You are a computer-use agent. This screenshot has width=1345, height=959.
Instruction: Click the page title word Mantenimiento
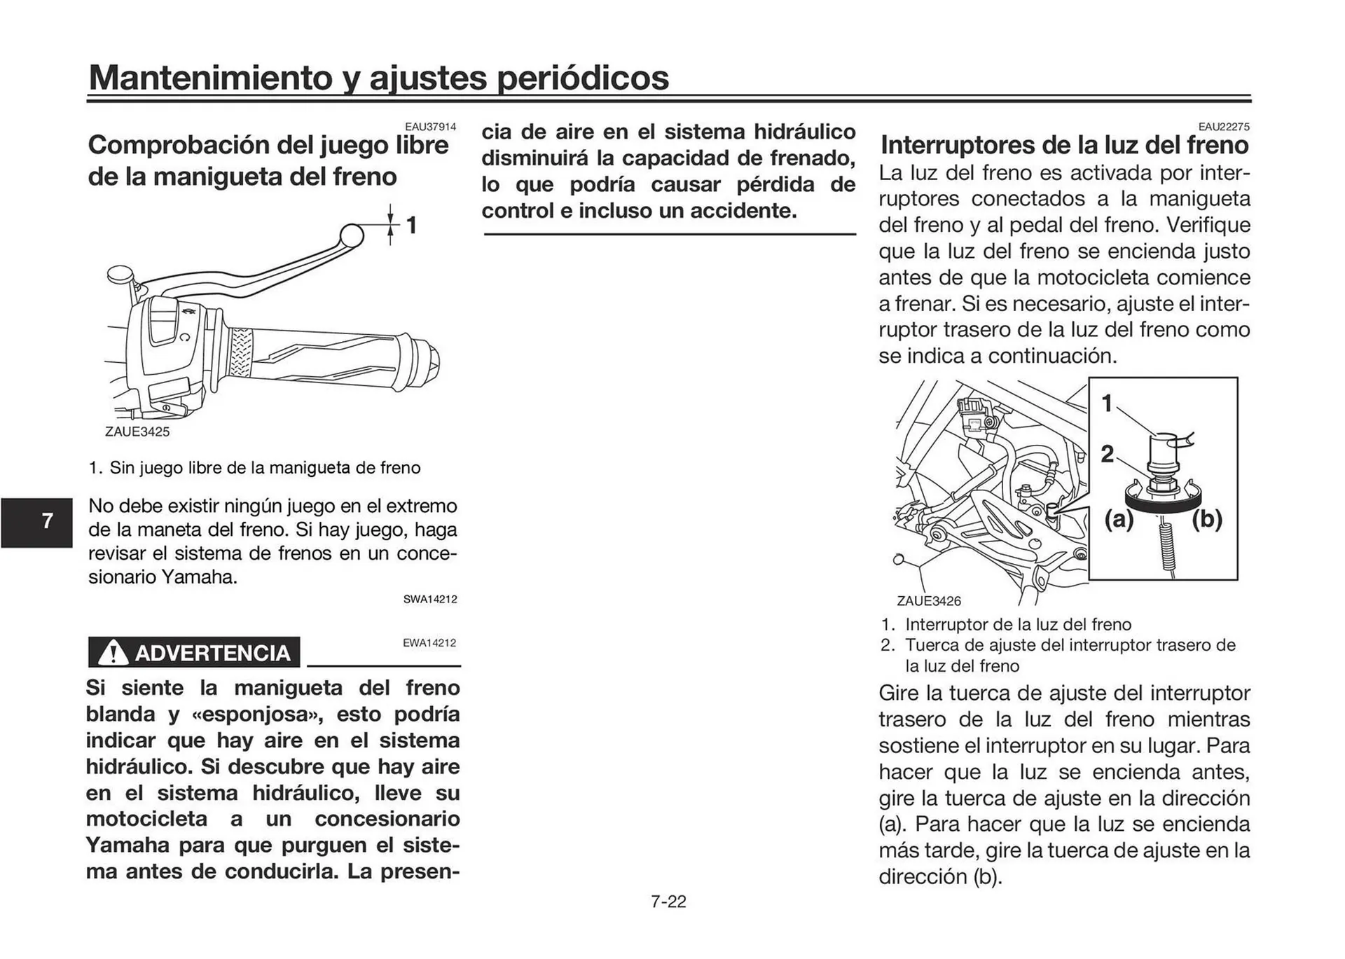[x=210, y=77]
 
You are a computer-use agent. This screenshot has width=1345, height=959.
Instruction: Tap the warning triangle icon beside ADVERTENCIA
[x=112, y=653]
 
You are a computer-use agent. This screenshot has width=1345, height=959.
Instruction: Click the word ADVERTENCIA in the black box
[x=212, y=653]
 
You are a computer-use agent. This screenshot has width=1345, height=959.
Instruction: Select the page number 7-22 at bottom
[x=668, y=902]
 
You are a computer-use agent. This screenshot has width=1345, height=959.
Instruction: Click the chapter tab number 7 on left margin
[x=47, y=521]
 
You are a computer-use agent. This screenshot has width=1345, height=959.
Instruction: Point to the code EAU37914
[x=430, y=127]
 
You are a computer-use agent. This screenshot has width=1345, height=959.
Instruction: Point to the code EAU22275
[x=1223, y=127]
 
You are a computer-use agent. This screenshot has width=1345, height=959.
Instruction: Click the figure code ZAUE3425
[x=137, y=432]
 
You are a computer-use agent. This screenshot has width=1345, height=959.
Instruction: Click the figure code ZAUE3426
[x=929, y=601]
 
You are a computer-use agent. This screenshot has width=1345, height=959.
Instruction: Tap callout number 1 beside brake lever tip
[x=412, y=226]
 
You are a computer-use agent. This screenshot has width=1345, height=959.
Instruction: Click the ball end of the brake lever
[x=352, y=235]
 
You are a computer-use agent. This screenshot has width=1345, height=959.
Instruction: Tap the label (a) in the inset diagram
[x=1119, y=519]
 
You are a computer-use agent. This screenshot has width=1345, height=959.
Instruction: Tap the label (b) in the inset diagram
[x=1207, y=519]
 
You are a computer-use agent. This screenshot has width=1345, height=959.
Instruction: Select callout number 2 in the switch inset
[x=1107, y=454]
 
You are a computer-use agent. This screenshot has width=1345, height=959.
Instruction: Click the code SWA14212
[x=430, y=600]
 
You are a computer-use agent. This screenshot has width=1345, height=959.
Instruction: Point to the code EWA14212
[x=429, y=642]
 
